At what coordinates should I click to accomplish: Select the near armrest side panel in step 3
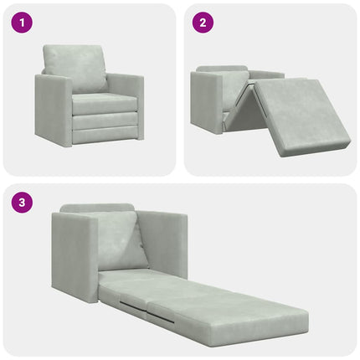click(x=75, y=256)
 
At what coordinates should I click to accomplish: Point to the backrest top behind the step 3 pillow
click(x=97, y=208)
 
